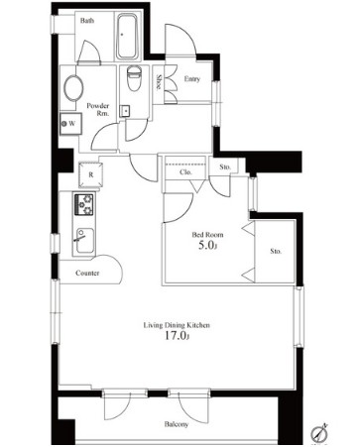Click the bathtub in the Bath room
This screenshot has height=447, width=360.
[x=127, y=36]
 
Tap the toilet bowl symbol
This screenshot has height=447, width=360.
[x=134, y=78]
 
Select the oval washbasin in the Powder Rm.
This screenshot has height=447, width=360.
[x=73, y=88]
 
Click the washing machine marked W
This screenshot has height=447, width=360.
[x=70, y=124]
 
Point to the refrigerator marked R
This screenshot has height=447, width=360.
[x=90, y=174]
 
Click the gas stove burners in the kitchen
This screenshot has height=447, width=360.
[x=84, y=205]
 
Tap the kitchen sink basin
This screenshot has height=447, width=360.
[x=84, y=241]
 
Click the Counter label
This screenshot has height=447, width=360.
[x=87, y=273]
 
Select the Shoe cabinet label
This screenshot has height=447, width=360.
[x=159, y=82]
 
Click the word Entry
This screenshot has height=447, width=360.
[x=192, y=79]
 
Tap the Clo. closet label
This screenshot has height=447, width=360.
[x=185, y=172]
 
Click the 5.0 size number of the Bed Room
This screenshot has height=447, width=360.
[x=207, y=245]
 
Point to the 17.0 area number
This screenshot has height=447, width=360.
[x=177, y=336]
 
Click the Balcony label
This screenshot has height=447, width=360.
[x=177, y=424]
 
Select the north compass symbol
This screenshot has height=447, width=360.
[x=319, y=432]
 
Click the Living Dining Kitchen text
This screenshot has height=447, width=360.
[x=177, y=325]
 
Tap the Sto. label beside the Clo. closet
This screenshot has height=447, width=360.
[x=225, y=168]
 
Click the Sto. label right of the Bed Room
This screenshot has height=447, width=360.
[x=276, y=251]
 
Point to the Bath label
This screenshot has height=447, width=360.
[x=87, y=21]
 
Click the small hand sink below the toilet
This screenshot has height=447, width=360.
[x=125, y=111]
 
